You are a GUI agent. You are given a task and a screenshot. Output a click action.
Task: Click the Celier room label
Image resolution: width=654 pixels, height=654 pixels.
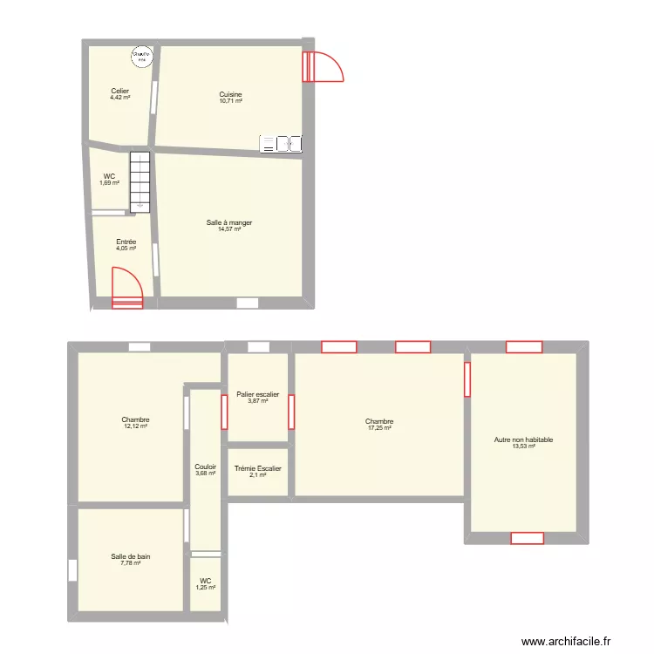(119, 91)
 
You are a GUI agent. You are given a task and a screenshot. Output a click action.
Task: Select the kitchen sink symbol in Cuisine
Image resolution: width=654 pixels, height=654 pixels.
(281, 143)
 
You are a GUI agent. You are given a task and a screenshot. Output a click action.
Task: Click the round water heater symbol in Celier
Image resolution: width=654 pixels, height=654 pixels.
(140, 56)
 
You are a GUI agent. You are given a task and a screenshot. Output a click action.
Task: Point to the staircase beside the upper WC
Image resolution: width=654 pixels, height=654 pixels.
(140, 181)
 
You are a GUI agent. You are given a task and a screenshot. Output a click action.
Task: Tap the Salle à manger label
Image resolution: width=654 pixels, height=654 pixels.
(229, 223)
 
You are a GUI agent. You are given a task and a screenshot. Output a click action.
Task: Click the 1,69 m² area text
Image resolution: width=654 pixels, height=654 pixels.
(109, 183)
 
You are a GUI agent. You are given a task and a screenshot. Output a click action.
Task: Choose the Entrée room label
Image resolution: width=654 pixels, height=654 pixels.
(126, 242)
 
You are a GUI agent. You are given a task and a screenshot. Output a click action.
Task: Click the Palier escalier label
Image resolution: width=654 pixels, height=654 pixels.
(257, 395)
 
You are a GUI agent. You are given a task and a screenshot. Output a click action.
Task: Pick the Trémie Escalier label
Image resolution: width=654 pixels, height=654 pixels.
(257, 469)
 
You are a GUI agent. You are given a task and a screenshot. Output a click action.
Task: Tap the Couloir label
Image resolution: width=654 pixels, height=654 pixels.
(205, 467)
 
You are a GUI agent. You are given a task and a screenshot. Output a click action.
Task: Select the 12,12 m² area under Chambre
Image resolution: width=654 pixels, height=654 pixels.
(135, 426)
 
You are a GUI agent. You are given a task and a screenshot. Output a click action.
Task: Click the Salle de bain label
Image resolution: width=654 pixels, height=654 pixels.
(131, 556)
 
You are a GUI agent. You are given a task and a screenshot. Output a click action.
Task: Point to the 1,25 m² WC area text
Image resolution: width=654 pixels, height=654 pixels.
(205, 588)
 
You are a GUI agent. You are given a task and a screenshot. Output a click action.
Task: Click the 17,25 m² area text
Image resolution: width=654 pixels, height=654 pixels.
(379, 427)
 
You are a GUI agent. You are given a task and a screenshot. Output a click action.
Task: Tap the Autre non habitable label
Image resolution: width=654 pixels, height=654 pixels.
(523, 440)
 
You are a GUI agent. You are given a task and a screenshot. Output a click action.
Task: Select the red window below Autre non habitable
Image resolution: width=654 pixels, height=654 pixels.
(527, 538)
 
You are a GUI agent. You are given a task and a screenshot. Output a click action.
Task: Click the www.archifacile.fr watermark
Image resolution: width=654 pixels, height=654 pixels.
(567, 642)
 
